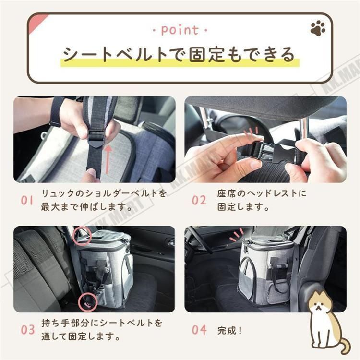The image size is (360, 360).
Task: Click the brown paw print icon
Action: tap(318, 28)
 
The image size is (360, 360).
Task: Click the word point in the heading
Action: tap(180, 30)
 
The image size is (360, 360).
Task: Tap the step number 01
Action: tap(27, 200)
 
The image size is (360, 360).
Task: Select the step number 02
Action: tap(199, 200)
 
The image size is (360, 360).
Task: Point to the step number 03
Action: tap(27, 330)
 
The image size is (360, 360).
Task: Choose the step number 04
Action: tap(199, 330)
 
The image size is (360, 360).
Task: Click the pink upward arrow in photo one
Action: tap(108, 160)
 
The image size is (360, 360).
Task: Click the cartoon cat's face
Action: tap(318, 305)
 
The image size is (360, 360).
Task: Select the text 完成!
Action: tap(229, 331)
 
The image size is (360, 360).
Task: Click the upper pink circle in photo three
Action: tap(82, 235)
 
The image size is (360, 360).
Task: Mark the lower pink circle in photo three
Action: tap(87, 302)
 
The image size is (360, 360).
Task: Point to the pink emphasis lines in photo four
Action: tap(236, 235)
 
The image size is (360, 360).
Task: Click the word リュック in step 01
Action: tap(58, 193)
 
